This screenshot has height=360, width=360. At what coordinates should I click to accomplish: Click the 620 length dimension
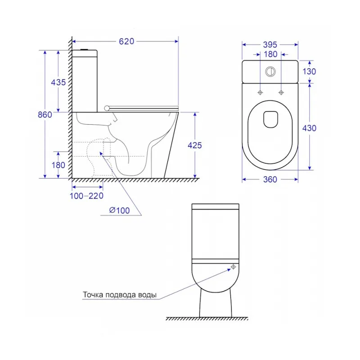(126, 41)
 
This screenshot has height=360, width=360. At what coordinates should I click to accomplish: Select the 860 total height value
(45, 115)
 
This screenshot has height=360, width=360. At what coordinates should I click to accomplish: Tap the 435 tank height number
(58, 82)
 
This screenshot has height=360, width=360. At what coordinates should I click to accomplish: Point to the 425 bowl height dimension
(195, 145)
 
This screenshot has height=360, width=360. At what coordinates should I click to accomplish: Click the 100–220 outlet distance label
(86, 196)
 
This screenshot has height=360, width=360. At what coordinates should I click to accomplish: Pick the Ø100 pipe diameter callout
(119, 210)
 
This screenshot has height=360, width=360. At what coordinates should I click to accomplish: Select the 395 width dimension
(270, 45)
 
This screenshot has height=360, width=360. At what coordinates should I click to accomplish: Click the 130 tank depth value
(309, 72)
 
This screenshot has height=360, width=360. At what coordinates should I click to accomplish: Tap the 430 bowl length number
(309, 128)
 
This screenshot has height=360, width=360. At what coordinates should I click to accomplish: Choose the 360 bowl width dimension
(270, 179)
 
